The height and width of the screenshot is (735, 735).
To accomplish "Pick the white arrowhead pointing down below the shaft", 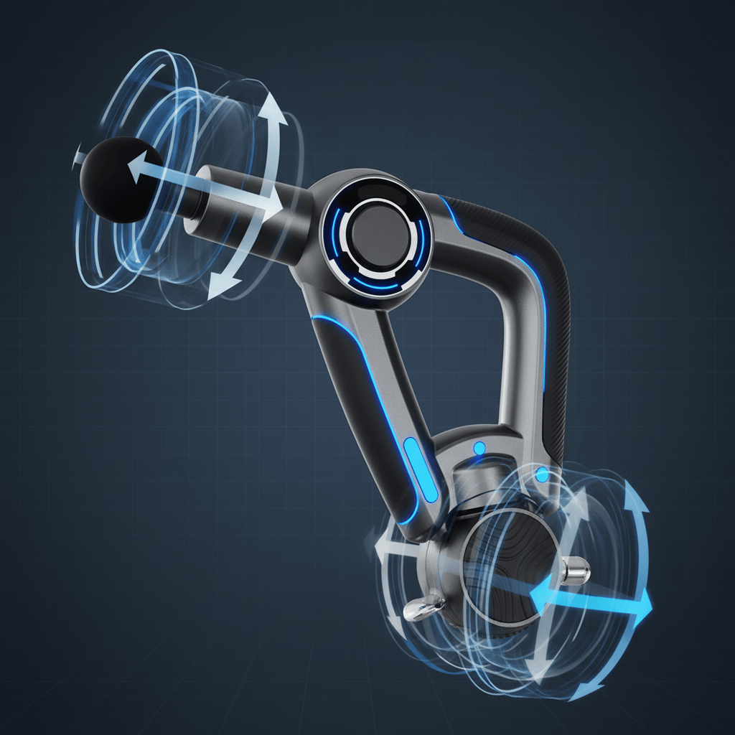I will tap(217, 291).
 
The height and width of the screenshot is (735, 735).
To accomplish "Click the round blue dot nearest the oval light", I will tap(479, 449).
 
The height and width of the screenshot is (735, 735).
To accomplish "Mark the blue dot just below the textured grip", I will tap(542, 474).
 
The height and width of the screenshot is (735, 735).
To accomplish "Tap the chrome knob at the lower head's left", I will tap(418, 610).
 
